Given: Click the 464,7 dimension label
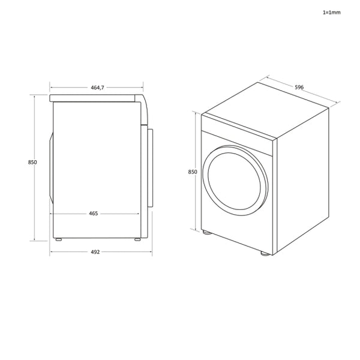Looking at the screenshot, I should (97, 88).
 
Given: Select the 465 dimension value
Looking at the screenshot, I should (94, 213).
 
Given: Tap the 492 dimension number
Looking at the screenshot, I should (95, 252).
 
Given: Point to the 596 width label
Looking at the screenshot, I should (299, 88).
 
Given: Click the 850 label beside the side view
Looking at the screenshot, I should (32, 163).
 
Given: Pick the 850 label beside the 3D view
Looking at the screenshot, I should (193, 172).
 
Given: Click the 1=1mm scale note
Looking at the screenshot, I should (331, 12).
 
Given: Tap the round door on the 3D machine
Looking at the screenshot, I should (236, 178).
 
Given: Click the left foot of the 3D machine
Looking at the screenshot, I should (207, 232).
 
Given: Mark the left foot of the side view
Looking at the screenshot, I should (58, 239).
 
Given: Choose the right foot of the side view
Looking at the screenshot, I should (137, 239).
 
